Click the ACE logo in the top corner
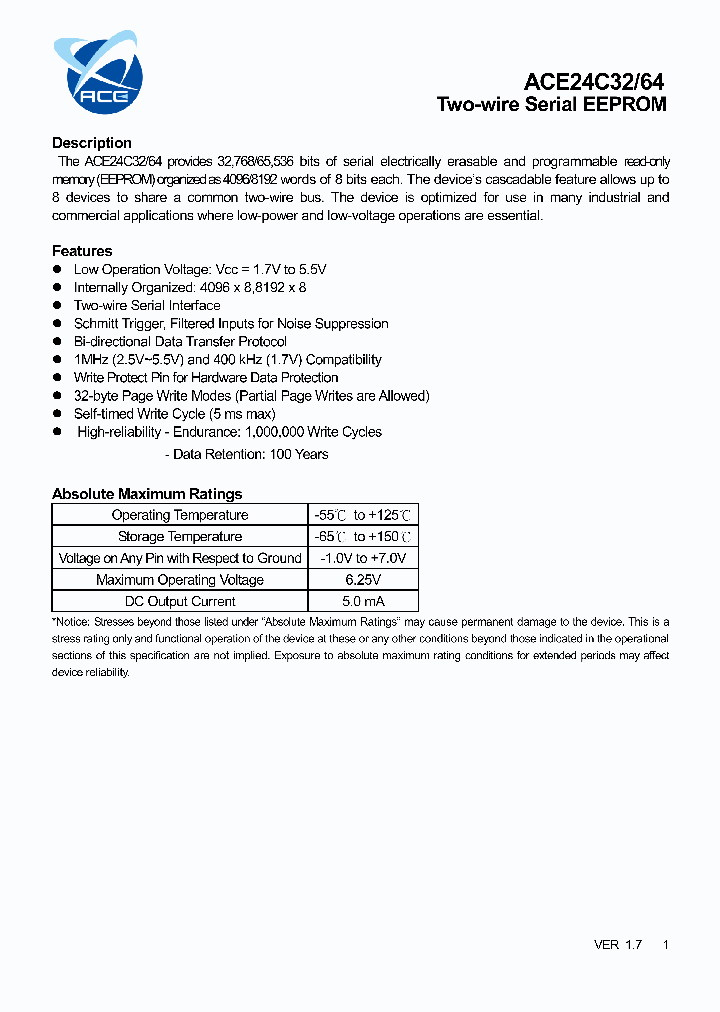(98, 72)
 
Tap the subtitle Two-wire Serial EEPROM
(551, 105)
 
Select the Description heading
(92, 143)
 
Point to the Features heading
(82, 251)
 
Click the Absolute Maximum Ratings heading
(147, 494)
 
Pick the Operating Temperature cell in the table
(180, 515)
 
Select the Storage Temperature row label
(180, 537)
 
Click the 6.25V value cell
(363, 580)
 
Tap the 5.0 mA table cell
(363, 602)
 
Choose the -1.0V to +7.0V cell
(363, 558)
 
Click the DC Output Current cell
(180, 602)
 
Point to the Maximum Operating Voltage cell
(180, 580)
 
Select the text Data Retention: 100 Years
(250, 454)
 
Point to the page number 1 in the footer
(666, 945)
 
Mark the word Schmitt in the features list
(96, 324)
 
